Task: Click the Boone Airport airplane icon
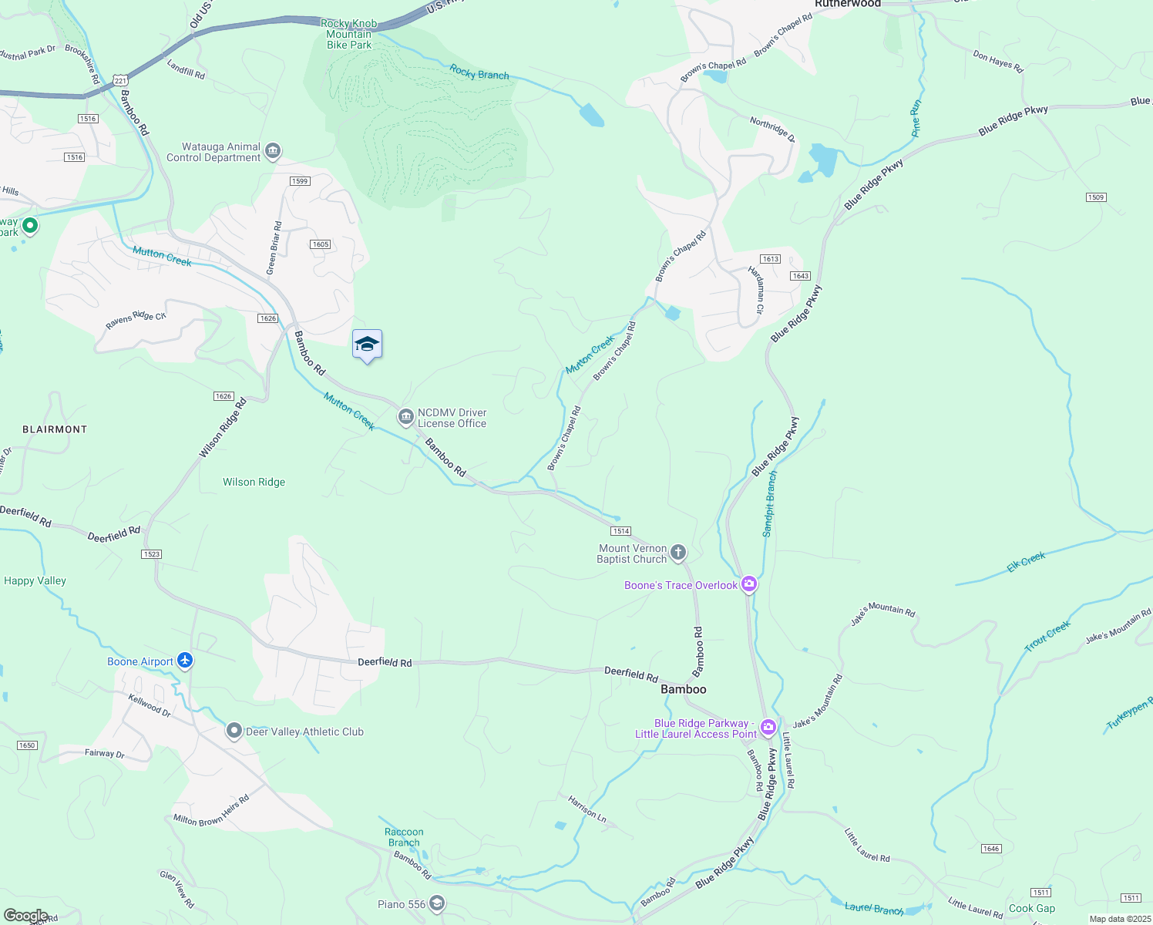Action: pos(184,661)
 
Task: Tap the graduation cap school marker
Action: pos(367,345)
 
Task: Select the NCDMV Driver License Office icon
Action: pos(405,417)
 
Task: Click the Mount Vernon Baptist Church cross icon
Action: pos(678,552)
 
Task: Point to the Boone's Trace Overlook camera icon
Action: pos(748,584)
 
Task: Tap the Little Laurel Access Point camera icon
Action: pos(768,727)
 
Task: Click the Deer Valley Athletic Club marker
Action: pos(234,731)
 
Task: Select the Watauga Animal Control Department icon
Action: pos(272,151)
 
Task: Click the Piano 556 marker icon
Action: pos(436,903)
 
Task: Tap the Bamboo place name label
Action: pos(683,689)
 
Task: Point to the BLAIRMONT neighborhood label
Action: pos(55,429)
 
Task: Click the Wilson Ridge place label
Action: pos(254,482)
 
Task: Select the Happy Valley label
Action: pos(35,580)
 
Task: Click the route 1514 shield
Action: pos(620,531)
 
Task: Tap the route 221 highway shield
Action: pos(119,80)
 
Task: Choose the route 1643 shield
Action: pos(800,276)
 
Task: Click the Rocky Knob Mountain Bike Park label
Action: pos(349,34)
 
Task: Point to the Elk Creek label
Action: pos(1026,562)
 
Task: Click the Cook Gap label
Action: pos(1032,908)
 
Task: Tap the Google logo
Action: pos(25,916)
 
